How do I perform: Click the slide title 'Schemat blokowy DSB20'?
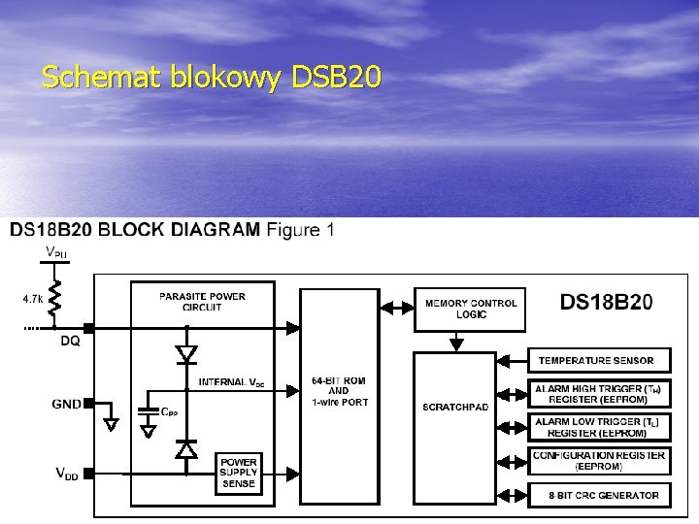(212, 77)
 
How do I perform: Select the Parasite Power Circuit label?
(202, 302)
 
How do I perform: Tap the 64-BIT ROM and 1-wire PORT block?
(340, 391)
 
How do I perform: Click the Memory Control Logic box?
(471, 309)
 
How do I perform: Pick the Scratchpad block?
(455, 407)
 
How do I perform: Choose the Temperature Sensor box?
(596, 361)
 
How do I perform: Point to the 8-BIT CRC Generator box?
(596, 495)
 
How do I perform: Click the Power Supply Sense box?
(238, 473)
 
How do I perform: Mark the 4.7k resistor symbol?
(56, 299)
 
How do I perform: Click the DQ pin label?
(70, 342)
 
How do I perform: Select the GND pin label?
(66, 404)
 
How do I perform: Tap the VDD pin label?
(66, 475)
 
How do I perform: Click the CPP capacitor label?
(170, 411)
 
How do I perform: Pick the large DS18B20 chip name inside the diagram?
(606, 302)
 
